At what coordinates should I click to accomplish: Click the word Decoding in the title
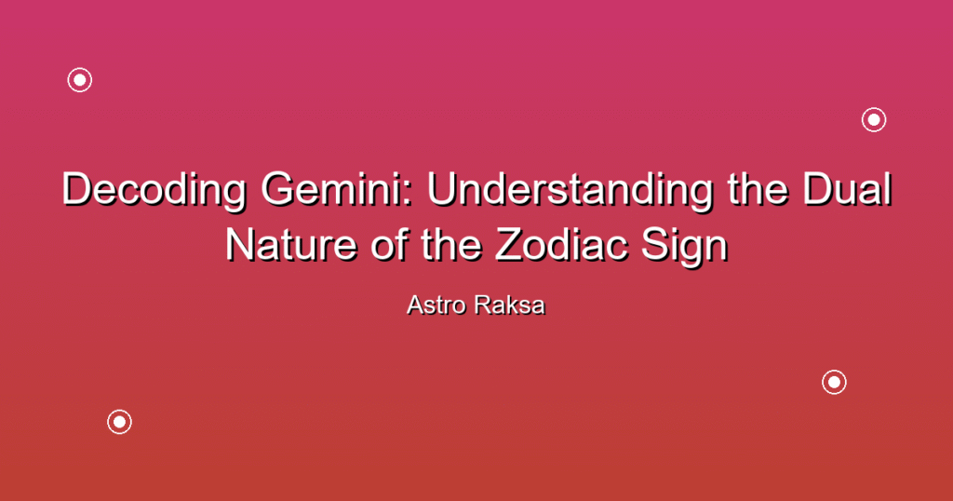[x=154, y=191]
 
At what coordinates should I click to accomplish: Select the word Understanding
[x=570, y=191]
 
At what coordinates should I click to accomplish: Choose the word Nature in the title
[x=290, y=245]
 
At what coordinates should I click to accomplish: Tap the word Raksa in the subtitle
[x=511, y=305]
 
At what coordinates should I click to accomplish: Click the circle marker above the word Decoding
[x=80, y=80]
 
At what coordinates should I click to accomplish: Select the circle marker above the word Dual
[x=874, y=120]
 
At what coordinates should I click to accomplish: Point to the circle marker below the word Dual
[x=835, y=382]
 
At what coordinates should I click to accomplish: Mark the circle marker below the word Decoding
[x=120, y=421]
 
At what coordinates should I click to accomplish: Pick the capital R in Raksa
[x=484, y=305]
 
